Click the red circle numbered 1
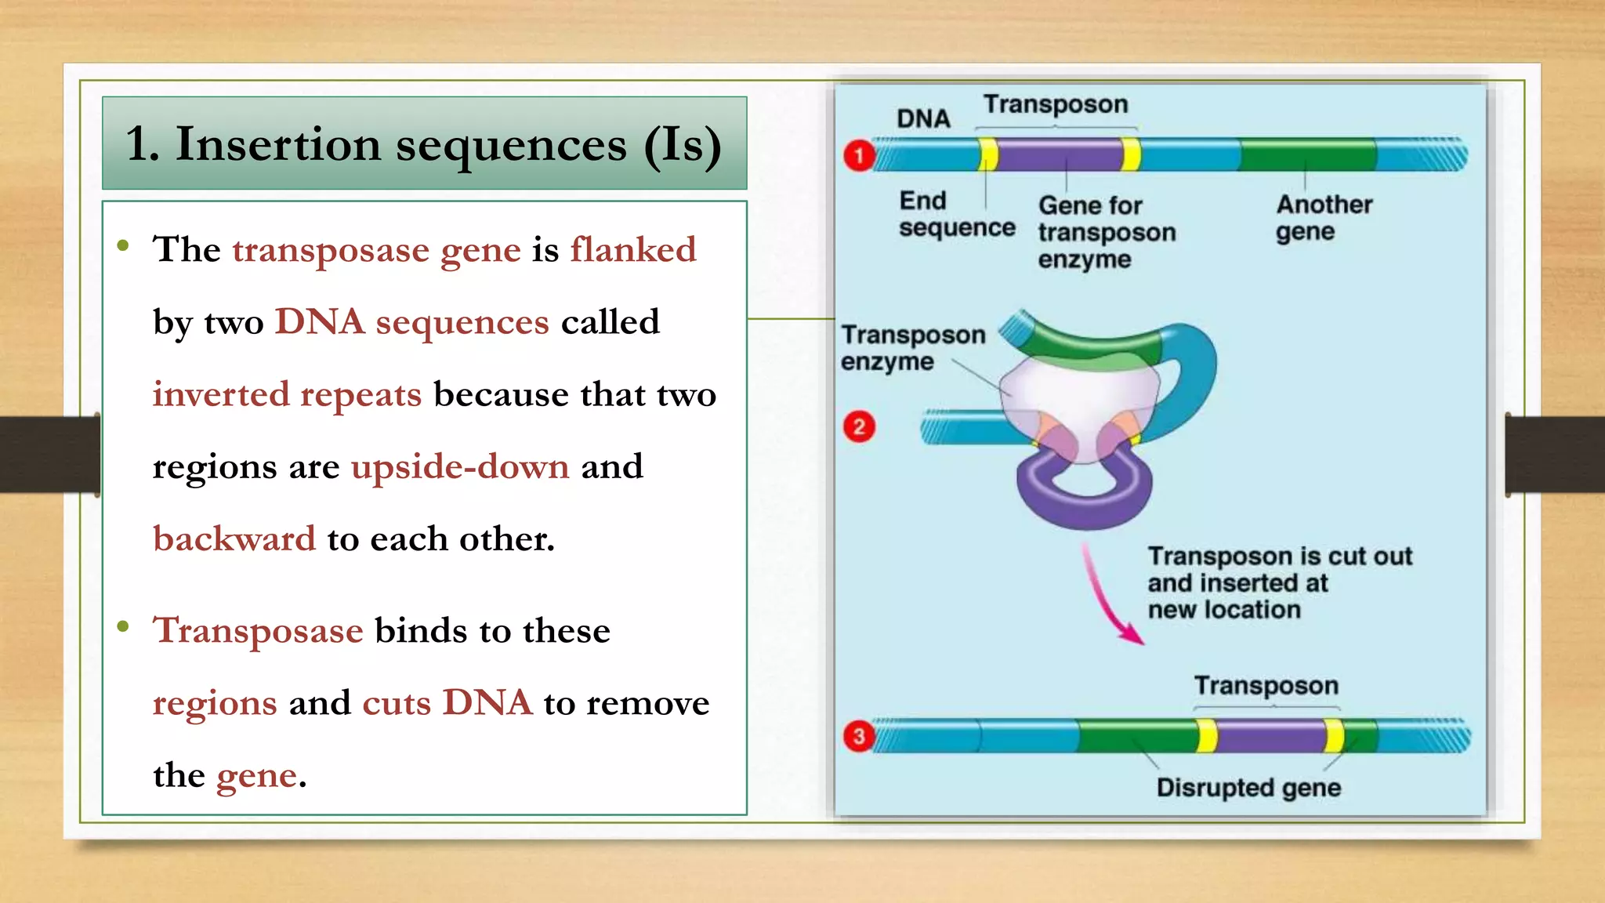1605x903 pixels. (x=859, y=155)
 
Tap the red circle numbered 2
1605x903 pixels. (x=859, y=427)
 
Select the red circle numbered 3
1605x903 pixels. (x=859, y=737)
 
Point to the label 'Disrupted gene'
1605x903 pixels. (x=1248, y=787)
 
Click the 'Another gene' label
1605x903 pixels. (x=1324, y=218)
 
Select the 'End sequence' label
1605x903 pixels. (x=956, y=214)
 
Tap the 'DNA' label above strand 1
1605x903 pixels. (x=923, y=118)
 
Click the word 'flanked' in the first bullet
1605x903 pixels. (x=632, y=250)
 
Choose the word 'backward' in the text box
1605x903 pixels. (x=234, y=539)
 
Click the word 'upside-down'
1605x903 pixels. (x=460, y=467)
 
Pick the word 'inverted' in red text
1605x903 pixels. (x=220, y=394)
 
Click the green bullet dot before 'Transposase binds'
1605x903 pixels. (x=123, y=626)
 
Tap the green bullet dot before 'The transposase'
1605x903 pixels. (x=123, y=246)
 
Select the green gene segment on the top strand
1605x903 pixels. (x=1308, y=154)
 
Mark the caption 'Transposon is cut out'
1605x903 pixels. (x=1279, y=557)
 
